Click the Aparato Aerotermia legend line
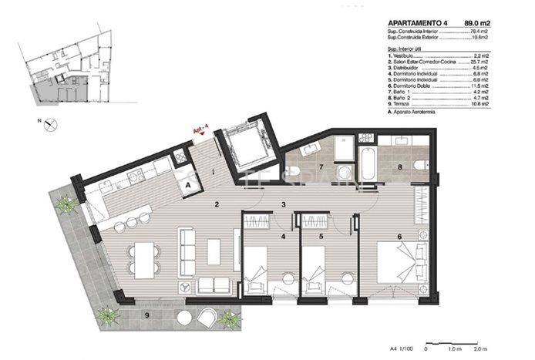tap(419, 112)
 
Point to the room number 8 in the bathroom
tap(400, 167)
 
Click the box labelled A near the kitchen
tap(187, 184)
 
